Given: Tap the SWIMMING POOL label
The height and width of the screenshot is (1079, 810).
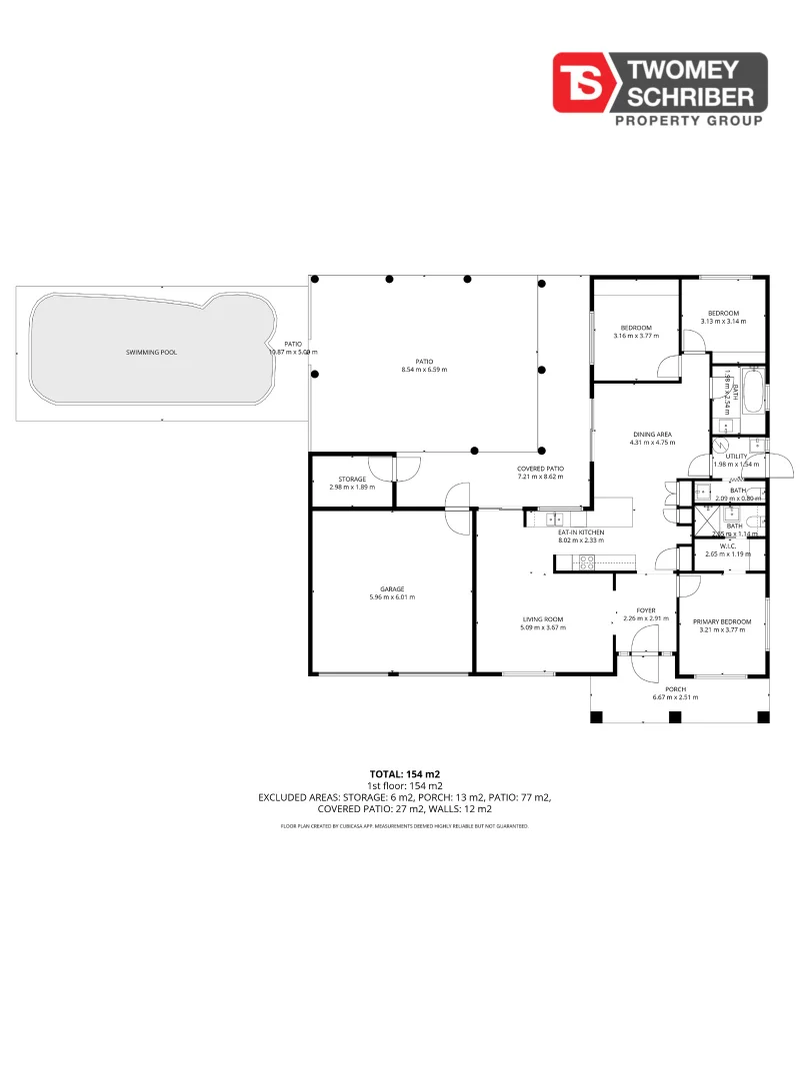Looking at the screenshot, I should point(151,353).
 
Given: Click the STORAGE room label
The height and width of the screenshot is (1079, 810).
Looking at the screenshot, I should point(352,479).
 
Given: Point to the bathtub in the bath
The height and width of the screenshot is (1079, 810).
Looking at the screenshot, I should point(753,392).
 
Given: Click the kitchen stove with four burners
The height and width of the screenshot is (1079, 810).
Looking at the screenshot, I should point(585,563).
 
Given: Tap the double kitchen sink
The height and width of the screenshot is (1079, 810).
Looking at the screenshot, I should point(552,518).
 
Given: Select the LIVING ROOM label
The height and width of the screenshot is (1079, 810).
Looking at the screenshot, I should point(543,619).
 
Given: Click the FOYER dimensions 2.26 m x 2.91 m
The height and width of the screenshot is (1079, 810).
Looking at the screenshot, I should point(645,618).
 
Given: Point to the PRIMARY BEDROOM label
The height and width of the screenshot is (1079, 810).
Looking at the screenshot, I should point(722,621).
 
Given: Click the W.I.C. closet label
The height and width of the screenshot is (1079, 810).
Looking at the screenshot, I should point(728,545).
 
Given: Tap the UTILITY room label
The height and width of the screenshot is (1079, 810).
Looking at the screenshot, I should point(736,456).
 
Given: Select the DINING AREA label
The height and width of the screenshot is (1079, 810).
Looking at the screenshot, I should point(652,435).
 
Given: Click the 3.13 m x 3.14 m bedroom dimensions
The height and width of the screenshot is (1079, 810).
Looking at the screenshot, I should point(723,322).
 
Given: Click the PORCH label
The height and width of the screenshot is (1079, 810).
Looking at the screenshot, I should point(676,688).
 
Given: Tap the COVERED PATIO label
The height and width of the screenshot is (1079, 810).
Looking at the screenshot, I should point(540,469).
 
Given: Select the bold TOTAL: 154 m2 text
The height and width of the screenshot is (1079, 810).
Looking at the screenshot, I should point(405,774).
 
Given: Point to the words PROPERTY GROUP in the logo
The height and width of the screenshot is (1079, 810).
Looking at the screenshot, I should point(687,121).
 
